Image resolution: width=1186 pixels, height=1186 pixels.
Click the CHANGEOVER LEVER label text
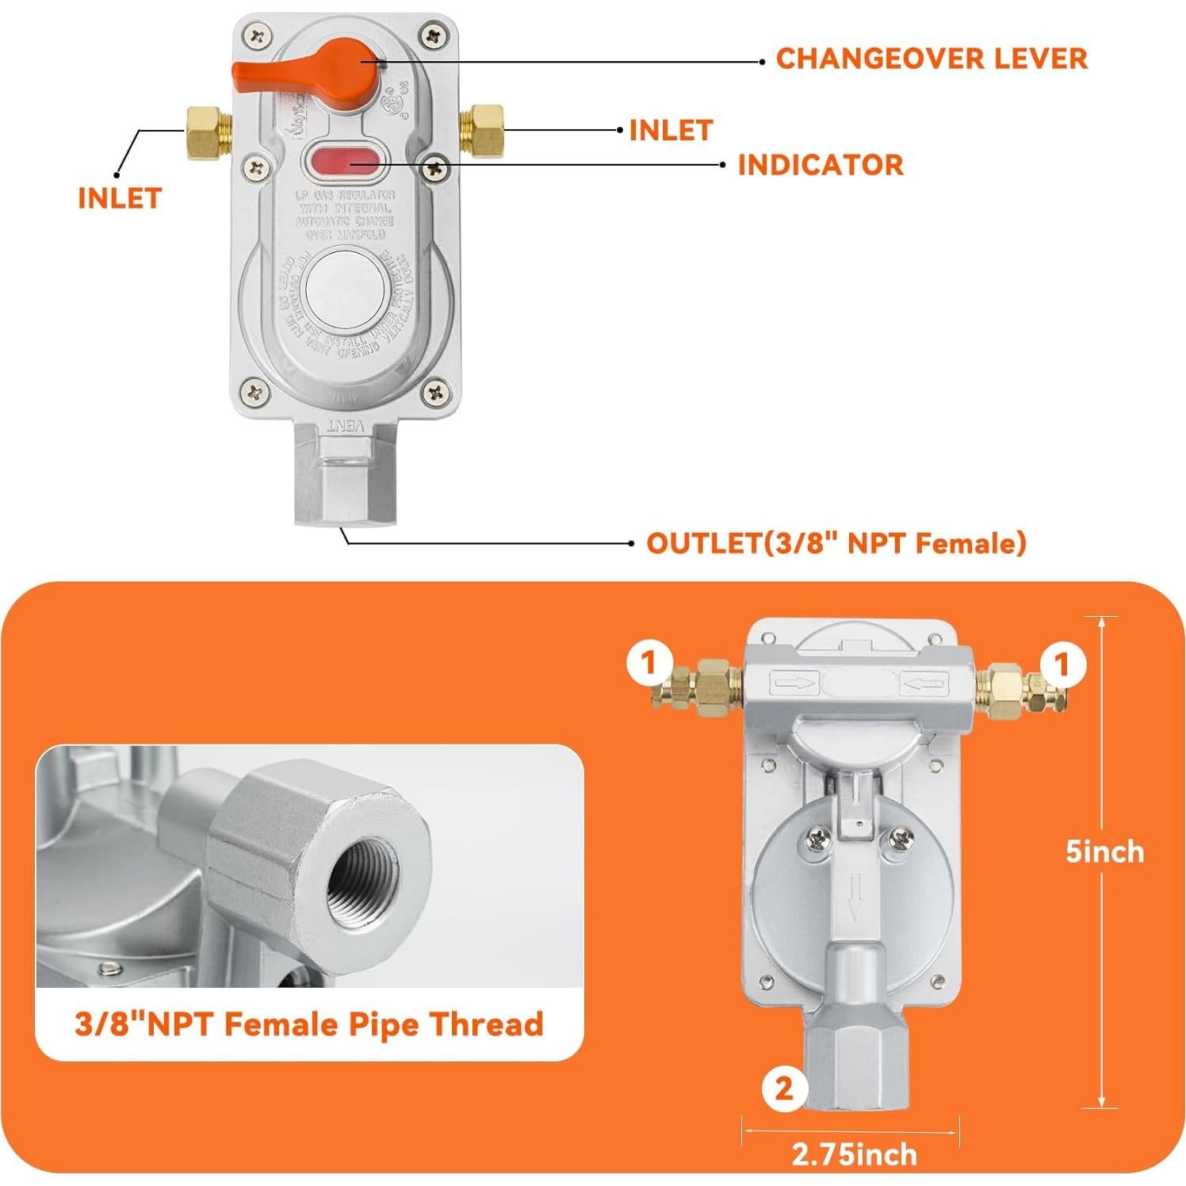click(931, 59)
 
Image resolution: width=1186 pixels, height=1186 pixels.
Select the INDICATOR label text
click(820, 165)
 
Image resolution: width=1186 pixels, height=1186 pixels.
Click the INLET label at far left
click(120, 198)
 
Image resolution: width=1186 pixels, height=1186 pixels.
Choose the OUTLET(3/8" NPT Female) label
click(836, 544)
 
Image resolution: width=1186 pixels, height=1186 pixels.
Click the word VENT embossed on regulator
click(346, 426)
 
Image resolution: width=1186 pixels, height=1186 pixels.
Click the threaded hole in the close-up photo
click(365, 873)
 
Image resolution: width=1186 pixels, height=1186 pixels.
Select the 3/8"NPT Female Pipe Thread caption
click(309, 1023)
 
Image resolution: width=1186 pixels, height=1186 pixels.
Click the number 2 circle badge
click(783, 1088)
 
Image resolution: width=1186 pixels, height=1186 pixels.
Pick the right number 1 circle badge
click(1062, 664)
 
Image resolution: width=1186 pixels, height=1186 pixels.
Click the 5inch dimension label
click(1104, 852)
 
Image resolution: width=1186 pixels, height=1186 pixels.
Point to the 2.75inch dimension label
click(854, 1154)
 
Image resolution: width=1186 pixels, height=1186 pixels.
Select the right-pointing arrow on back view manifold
click(794, 682)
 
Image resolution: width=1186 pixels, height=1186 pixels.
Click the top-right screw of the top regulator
click(433, 36)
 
